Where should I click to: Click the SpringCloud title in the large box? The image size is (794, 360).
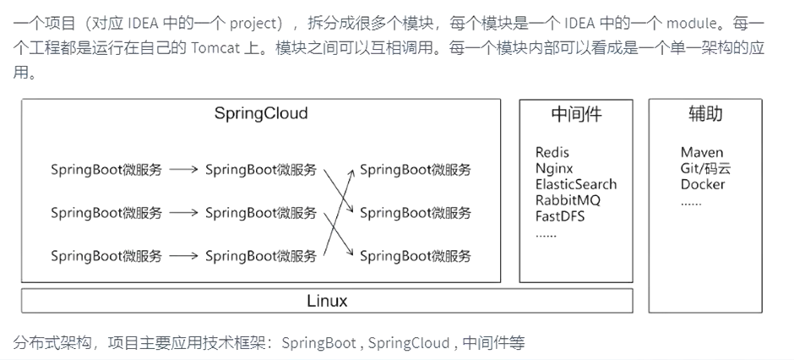click(x=260, y=113)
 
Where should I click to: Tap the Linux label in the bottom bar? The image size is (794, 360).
click(x=327, y=301)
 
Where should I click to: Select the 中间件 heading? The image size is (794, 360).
click(x=576, y=114)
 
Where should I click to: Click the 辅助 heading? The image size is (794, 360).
click(x=704, y=114)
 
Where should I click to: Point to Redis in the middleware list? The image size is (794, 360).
click(x=552, y=153)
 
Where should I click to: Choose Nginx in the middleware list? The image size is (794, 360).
click(x=554, y=168)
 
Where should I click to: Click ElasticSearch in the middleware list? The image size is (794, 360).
click(x=576, y=184)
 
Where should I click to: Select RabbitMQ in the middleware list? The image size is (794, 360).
click(x=568, y=200)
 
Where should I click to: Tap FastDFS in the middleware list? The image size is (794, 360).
click(x=560, y=215)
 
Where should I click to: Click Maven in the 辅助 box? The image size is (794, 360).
click(x=702, y=153)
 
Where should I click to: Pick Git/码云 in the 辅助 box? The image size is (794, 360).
click(x=705, y=168)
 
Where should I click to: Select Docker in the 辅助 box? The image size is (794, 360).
click(x=703, y=184)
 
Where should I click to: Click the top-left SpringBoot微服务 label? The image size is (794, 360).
click(x=106, y=170)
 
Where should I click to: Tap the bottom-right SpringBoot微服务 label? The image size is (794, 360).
click(x=416, y=256)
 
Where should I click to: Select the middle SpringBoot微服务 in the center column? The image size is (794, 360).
click(x=261, y=213)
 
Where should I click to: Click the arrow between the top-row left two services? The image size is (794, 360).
click(x=183, y=170)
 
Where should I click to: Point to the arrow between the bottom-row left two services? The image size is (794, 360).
click(x=183, y=256)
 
